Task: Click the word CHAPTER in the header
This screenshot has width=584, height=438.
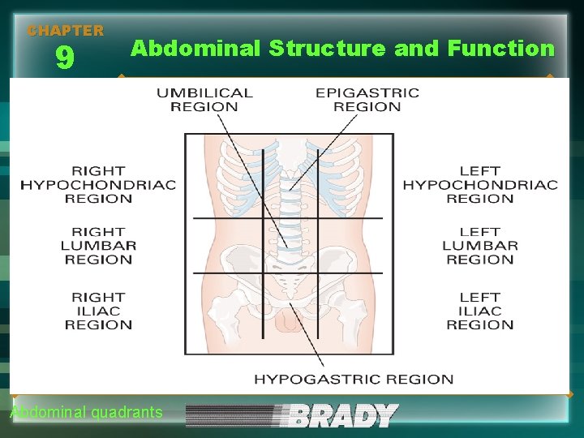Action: coord(66,31)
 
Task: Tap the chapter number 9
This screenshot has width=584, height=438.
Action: coord(65,58)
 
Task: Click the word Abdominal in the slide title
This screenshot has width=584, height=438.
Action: coord(195,49)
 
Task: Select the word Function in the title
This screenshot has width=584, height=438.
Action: coord(500,49)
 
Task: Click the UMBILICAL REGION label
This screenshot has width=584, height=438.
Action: coord(204,100)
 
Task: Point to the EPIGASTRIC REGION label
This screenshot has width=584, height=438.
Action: coord(367,100)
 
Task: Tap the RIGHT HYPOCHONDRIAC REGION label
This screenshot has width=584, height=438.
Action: coord(98,185)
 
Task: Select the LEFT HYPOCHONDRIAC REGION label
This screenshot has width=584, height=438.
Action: coord(480,185)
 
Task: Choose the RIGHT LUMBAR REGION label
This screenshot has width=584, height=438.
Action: coord(98,246)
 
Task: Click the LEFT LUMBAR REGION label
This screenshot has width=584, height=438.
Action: coord(480,246)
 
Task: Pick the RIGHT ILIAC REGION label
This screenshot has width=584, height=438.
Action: coord(98,311)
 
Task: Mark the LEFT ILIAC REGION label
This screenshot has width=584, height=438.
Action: coord(480,311)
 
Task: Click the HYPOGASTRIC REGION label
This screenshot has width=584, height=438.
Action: coord(354,379)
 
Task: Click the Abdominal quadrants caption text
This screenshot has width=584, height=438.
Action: coord(86,413)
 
